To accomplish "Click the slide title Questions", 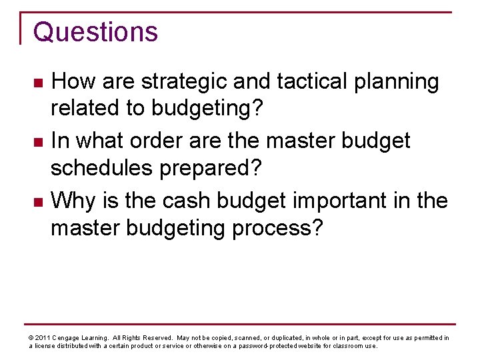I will pyautogui.click(x=95, y=32).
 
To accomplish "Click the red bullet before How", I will pyautogui.click(x=38, y=83).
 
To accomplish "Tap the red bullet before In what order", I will pyautogui.click(x=38, y=142).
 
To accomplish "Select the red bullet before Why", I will pyautogui.click(x=38, y=201).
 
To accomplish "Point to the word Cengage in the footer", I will pyautogui.click(x=67, y=338).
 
